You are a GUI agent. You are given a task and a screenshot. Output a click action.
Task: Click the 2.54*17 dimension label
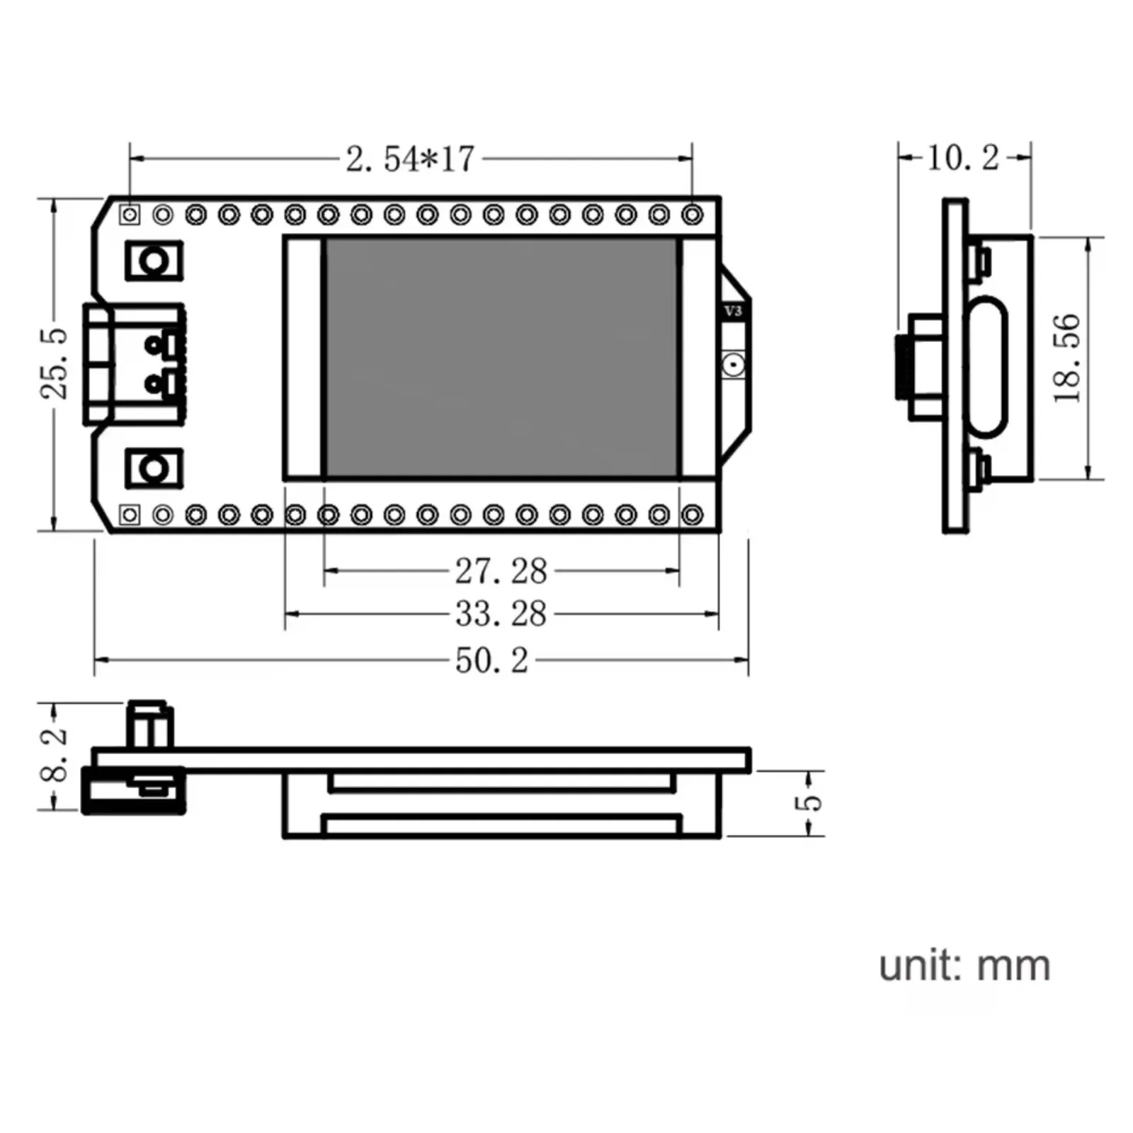pos(410,159)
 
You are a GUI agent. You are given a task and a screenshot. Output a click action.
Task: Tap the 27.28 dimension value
pos(501,571)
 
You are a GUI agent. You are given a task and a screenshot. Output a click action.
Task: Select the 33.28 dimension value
pos(501,614)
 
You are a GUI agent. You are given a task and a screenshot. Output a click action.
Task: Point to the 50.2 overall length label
pos(491,661)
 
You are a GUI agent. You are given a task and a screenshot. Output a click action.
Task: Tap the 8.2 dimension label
pos(55,755)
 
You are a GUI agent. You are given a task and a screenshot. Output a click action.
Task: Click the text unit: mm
pos(964,966)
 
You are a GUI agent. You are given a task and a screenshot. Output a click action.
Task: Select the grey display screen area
pos(501,358)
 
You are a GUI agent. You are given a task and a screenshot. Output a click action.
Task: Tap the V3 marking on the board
pos(734,311)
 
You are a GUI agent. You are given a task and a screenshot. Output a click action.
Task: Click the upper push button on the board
pos(154,261)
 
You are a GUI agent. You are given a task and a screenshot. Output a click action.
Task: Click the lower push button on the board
pos(154,468)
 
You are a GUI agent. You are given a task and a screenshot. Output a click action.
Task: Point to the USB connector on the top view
pos(133,364)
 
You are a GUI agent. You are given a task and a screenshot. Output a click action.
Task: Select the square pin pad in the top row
pos(130,214)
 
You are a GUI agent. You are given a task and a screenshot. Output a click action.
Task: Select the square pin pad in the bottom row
pos(130,515)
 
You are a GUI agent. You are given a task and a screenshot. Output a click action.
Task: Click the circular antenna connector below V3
pos(733,365)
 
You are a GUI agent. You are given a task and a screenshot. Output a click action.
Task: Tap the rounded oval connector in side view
pos(986,367)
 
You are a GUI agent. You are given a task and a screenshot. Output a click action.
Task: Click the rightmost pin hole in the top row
pos(692,215)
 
